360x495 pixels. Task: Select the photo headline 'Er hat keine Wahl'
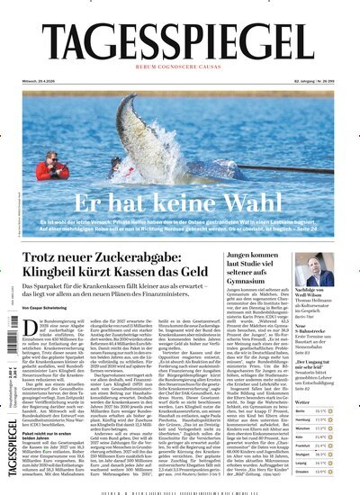tap(184, 201)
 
